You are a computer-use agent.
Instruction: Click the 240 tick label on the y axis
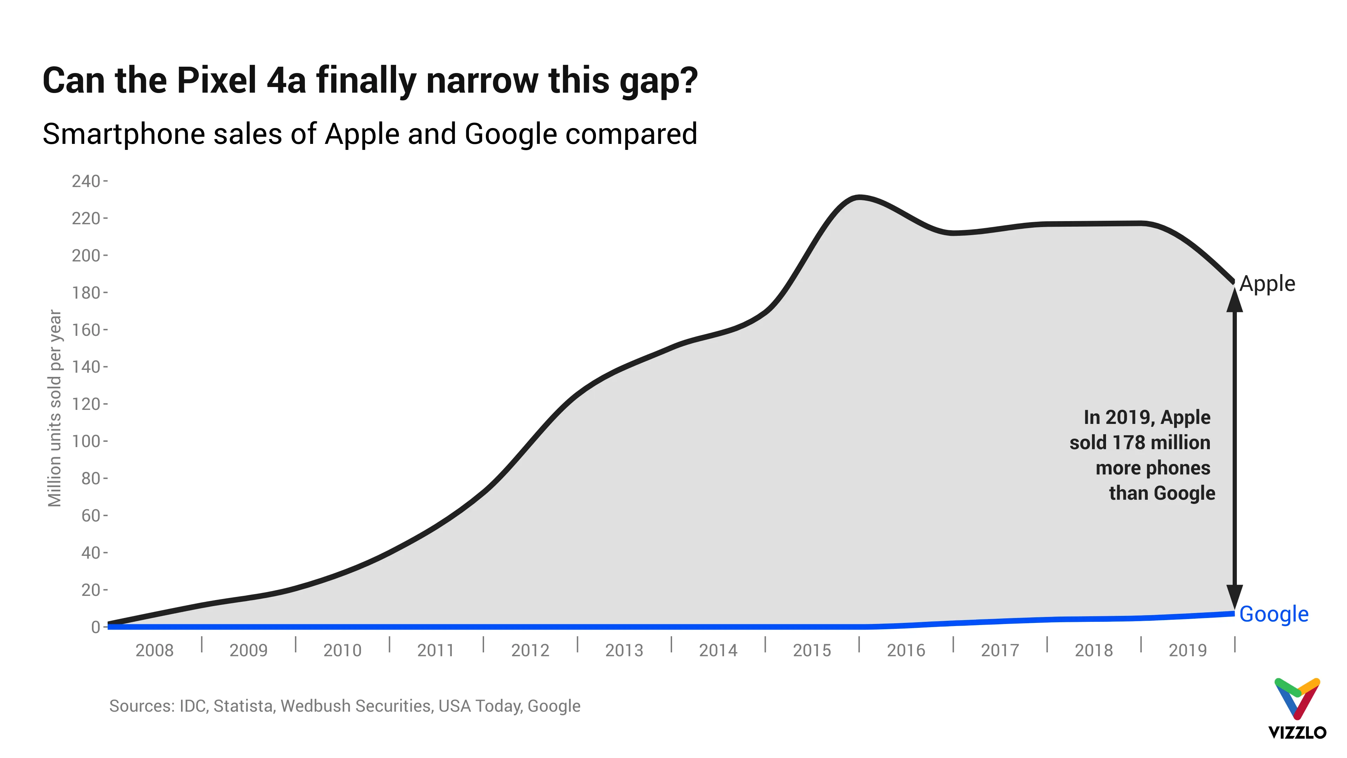86,181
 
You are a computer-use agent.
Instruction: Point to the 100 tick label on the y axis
86,441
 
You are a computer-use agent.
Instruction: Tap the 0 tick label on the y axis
95,627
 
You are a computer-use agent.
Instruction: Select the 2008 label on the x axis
154,651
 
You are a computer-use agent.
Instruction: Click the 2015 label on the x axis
812,651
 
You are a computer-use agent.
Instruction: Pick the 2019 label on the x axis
1187,651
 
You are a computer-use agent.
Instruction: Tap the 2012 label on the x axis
530,651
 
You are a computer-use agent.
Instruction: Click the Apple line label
1267,284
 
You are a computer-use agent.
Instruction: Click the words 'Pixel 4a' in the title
241,81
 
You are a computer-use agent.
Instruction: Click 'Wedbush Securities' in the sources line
356,706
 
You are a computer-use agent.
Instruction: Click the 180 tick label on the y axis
86,293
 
